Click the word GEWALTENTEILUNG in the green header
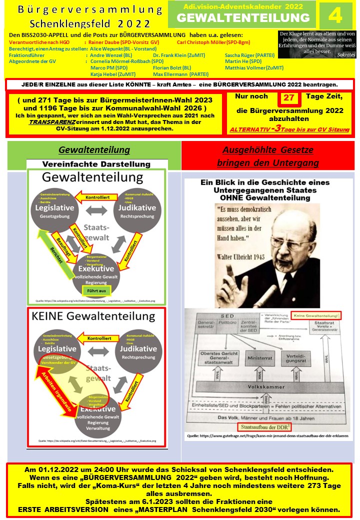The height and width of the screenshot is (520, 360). tap(243, 18)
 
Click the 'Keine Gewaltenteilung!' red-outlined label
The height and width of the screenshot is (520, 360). tap(317, 315)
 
